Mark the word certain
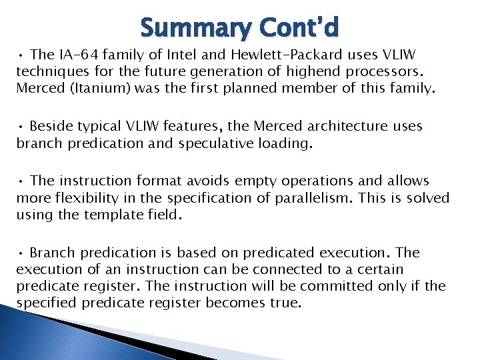point(380,270)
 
